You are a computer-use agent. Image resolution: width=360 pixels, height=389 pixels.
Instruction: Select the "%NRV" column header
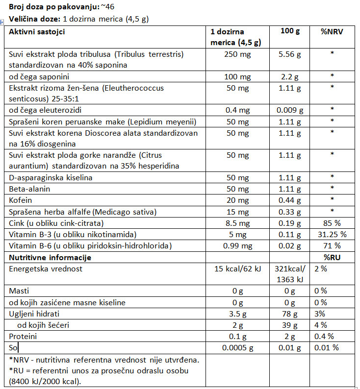pyautogui.click(x=332, y=32)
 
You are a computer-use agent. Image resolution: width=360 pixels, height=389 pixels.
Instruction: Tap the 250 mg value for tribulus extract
pyautogui.click(x=237, y=54)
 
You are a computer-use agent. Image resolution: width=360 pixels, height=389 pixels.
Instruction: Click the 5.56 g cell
pyautogui.click(x=289, y=54)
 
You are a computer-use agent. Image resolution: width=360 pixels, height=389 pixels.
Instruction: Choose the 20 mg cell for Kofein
pyautogui.click(x=237, y=200)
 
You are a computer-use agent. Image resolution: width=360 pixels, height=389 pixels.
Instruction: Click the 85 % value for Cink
pyautogui.click(x=332, y=222)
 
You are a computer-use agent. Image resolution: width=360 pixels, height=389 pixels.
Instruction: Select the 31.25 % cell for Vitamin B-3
pyautogui.click(x=332, y=234)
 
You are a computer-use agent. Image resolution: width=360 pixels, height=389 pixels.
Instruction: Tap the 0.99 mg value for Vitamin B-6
pyautogui.click(x=237, y=245)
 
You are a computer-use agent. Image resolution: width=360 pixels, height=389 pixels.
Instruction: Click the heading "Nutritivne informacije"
pyautogui.click(x=50, y=257)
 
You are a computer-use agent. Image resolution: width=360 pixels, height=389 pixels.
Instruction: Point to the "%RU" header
pyautogui.click(x=332, y=257)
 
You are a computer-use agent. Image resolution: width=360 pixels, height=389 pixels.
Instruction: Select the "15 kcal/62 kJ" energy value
pyautogui.click(x=237, y=269)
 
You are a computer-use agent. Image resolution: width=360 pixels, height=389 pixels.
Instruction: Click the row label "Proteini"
pyautogui.click(x=23, y=336)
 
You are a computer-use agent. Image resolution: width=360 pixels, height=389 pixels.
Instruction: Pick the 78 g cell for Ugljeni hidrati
pyautogui.click(x=289, y=314)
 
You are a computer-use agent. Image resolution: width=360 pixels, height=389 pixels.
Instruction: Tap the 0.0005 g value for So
pyautogui.click(x=237, y=348)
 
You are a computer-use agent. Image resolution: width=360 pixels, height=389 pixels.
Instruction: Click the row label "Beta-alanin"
pyautogui.click(x=29, y=189)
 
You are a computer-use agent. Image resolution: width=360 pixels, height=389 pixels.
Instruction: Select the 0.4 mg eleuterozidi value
pyautogui.click(x=237, y=109)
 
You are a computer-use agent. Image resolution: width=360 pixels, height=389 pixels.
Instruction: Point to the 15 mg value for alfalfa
pyautogui.click(x=237, y=211)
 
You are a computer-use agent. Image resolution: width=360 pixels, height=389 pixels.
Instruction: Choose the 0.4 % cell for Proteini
pyautogui.click(x=324, y=336)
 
